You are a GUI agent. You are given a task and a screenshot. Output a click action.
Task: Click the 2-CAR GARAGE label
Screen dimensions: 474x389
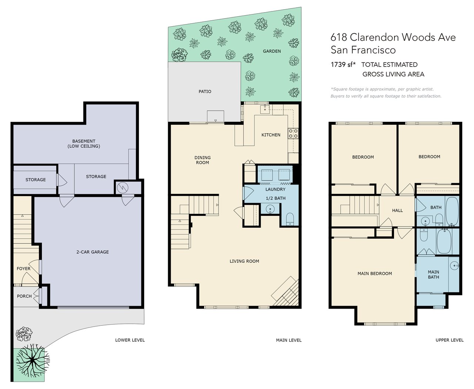click(x=93, y=252)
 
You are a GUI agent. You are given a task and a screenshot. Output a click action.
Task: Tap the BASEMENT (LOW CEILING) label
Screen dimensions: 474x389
click(x=84, y=144)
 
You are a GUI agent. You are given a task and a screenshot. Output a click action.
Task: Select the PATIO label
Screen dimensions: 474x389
click(x=205, y=91)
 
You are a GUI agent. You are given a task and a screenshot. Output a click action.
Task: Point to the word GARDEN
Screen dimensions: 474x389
click(x=272, y=51)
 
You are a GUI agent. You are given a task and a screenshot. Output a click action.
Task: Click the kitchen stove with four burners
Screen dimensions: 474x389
click(x=293, y=133)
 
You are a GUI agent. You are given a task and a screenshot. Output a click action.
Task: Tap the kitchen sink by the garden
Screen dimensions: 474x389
click(x=265, y=109)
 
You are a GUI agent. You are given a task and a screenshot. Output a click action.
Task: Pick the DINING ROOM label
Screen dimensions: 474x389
click(x=203, y=160)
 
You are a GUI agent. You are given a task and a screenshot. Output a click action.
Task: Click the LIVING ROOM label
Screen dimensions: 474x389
click(x=244, y=261)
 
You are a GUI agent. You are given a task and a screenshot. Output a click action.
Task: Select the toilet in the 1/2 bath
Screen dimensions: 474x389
click(x=290, y=219)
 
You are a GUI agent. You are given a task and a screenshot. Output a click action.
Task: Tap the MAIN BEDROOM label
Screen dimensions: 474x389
click(x=375, y=274)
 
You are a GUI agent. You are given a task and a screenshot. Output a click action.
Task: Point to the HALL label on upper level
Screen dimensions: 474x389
click(x=397, y=211)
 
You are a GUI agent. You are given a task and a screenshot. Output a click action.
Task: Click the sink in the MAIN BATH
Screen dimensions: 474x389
click(x=454, y=266)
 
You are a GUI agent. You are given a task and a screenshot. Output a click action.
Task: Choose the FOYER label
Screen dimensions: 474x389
click(x=23, y=269)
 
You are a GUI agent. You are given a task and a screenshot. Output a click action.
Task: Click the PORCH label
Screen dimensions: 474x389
click(x=24, y=296)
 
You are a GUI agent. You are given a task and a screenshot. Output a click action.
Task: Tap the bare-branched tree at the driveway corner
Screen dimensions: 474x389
click(x=33, y=361)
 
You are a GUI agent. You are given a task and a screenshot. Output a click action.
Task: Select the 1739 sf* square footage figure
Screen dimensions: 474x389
click(x=343, y=65)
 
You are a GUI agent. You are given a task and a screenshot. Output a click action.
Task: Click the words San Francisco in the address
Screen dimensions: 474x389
click(x=363, y=50)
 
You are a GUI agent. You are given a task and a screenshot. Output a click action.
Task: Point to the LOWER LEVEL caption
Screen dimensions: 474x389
click(x=130, y=340)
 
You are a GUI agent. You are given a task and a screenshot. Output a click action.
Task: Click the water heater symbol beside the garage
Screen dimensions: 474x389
click(x=123, y=187)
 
